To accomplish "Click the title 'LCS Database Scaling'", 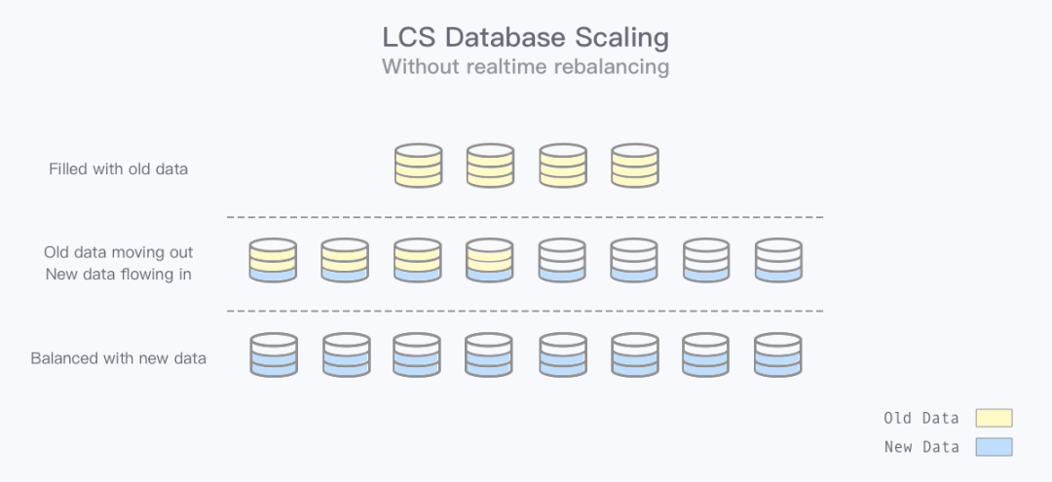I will click(x=525, y=38).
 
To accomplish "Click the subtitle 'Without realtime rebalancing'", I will click(x=525, y=66).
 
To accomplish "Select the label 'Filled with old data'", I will click(x=119, y=168).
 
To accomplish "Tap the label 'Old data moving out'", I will click(x=119, y=253).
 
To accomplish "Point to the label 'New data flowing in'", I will click(x=119, y=274).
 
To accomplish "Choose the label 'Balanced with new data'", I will click(x=119, y=357).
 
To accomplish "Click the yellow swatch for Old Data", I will click(x=994, y=418).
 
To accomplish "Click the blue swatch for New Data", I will click(x=994, y=447).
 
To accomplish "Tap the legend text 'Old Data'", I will click(x=920, y=418).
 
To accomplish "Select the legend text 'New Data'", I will click(x=920, y=447).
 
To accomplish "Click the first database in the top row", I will click(x=418, y=166).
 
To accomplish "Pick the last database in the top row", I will click(x=634, y=166).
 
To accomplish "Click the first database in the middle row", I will click(x=273, y=261).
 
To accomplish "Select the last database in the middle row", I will click(x=778, y=261).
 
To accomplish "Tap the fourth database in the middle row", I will click(x=489, y=261).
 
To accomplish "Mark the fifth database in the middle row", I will click(x=562, y=261).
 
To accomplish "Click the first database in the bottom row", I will click(x=273, y=355).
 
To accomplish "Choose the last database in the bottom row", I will click(x=778, y=355).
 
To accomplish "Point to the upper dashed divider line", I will click(x=525, y=216).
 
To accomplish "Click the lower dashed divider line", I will click(x=525, y=311).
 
